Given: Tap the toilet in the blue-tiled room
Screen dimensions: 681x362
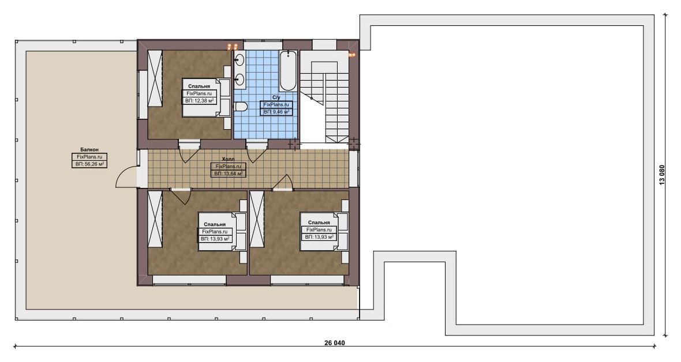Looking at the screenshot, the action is coord(241,106).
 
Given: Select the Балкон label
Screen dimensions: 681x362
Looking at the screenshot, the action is coord(89,150).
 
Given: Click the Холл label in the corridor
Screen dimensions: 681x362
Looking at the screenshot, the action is coord(228,160).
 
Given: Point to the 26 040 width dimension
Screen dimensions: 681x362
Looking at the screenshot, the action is coord(334,343).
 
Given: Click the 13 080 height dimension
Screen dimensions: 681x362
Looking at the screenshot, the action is coord(662,175).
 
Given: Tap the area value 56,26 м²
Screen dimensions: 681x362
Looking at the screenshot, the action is coord(89,164).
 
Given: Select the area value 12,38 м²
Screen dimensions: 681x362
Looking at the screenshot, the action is coord(199,101).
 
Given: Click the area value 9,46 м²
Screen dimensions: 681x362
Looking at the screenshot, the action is coord(276,112).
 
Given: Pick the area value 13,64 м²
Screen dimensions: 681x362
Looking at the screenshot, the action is coord(229,174).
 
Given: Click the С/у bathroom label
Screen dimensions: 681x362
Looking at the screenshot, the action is coord(276,97).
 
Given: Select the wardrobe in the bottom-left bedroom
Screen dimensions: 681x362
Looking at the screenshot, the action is coord(155,219).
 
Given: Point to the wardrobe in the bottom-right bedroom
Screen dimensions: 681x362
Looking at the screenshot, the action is coord(257,219).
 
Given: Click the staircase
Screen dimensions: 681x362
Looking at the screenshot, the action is coord(325,97).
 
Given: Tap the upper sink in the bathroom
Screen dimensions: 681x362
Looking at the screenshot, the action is coord(240,61).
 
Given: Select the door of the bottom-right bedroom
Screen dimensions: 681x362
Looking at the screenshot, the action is coord(282,182).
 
